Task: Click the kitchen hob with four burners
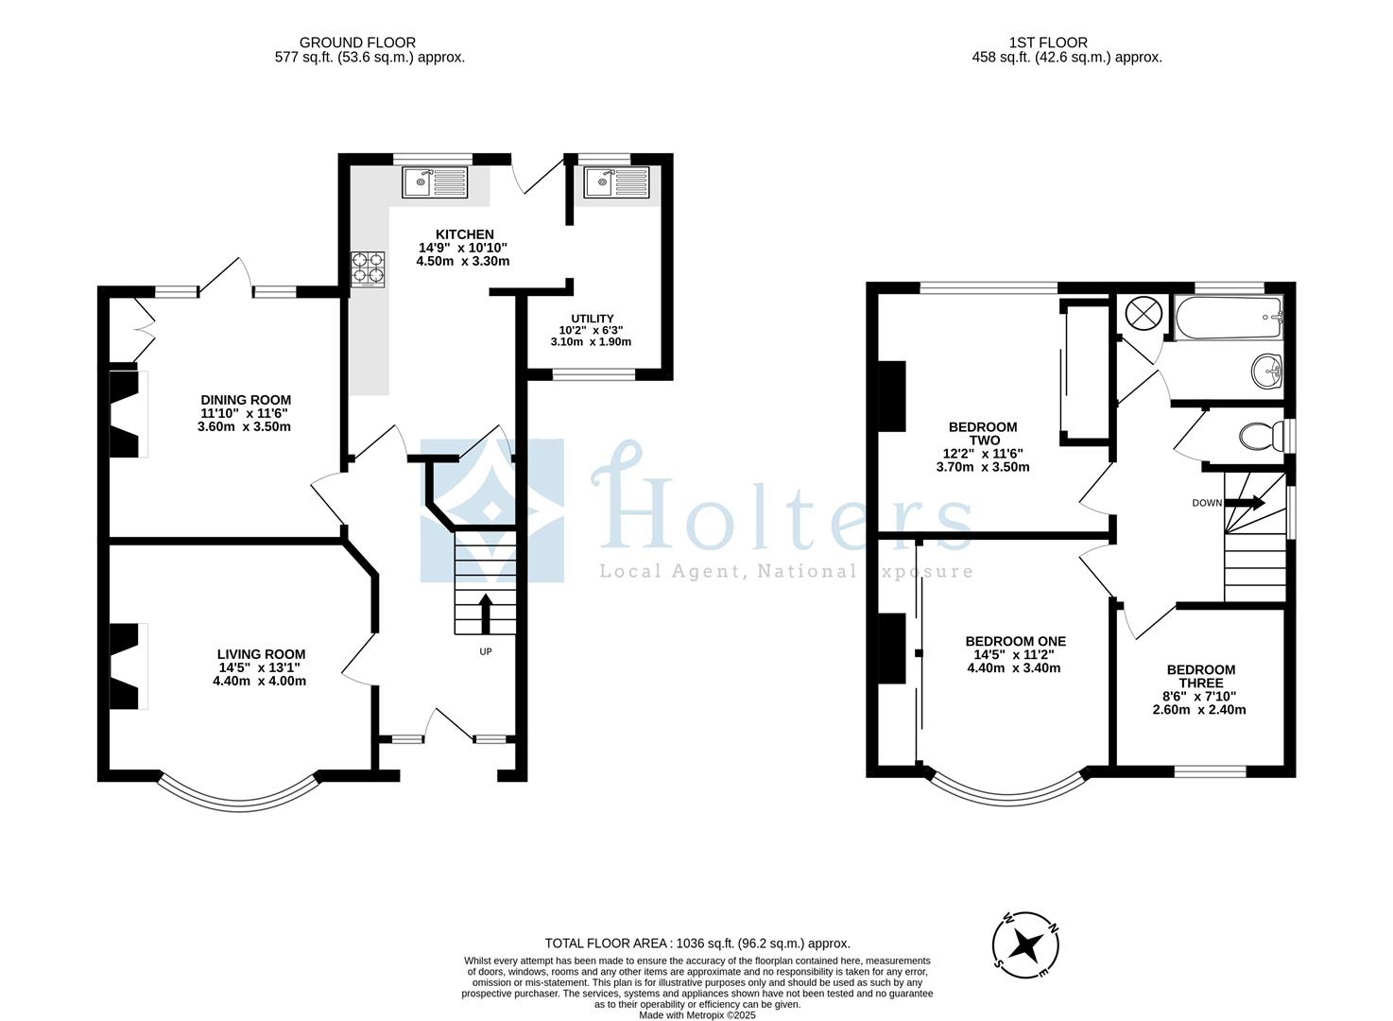(370, 268)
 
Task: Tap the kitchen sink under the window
(434, 182)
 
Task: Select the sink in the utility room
(616, 182)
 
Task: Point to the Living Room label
(261, 654)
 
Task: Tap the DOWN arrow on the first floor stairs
(1245, 503)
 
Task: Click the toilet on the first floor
(1258, 437)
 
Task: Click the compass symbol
(1025, 944)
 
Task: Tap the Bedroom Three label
(1199, 676)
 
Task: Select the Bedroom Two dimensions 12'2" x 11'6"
(983, 454)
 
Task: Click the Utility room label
(592, 319)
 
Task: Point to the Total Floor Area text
(697, 943)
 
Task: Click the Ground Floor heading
(357, 43)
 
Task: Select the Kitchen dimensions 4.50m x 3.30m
(463, 261)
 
